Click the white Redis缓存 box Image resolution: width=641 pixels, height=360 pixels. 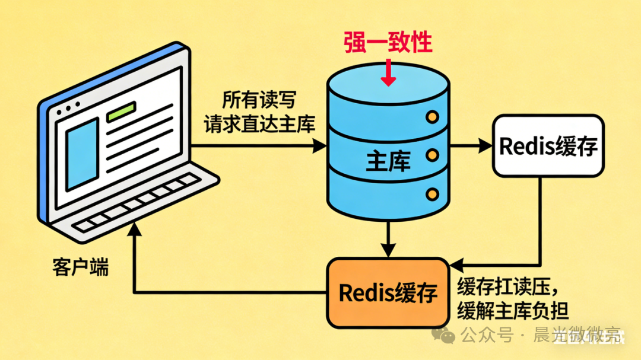[548, 146]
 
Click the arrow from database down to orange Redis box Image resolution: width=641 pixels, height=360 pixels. [388, 237]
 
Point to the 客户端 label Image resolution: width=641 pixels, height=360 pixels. [81, 267]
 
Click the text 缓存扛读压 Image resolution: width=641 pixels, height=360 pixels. [508, 287]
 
